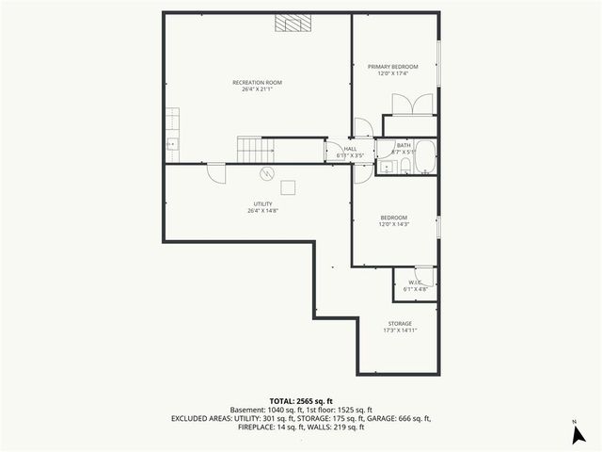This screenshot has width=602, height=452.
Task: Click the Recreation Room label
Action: pos(257,83)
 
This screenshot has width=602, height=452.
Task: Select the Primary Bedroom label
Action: pos(392,67)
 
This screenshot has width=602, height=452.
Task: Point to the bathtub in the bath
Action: pos(425,157)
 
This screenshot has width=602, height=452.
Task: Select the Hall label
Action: pos(350,149)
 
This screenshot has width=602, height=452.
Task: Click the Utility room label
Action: pos(262,203)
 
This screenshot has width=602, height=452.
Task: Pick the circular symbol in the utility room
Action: pos(266,173)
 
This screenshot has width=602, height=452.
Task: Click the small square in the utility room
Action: pos(288,186)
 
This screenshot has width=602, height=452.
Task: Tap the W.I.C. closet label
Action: pos(415,283)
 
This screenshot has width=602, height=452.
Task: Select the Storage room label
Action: pos(400,324)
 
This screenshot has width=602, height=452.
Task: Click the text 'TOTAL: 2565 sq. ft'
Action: pos(300,401)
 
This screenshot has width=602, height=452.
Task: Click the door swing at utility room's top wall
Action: pos(216,172)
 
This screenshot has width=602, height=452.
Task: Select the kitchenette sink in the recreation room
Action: pos(172,144)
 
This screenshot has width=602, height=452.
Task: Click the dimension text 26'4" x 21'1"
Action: pos(257,90)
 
